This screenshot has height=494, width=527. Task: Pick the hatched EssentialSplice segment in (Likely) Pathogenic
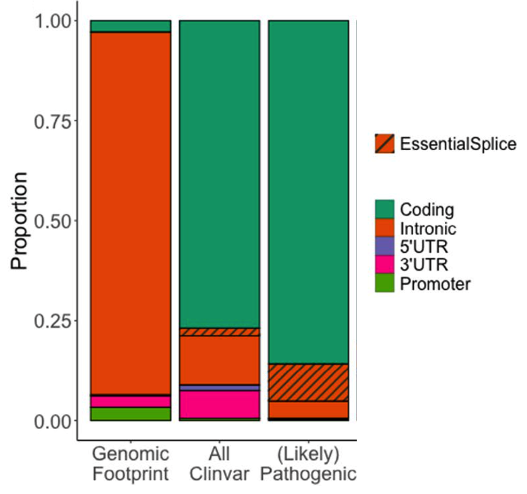(308, 382)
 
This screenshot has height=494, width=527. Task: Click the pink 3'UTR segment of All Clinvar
(219, 404)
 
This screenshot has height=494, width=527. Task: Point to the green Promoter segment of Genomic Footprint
(130, 413)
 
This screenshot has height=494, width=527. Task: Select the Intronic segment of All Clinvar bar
(219, 359)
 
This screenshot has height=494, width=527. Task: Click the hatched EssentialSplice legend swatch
(384, 143)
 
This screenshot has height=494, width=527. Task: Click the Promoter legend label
(434, 284)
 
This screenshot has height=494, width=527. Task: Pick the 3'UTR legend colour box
(384, 265)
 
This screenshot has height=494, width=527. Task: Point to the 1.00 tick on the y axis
(56, 21)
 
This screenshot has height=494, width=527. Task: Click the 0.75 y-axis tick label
(56, 121)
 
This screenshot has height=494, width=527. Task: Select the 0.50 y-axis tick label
(56, 221)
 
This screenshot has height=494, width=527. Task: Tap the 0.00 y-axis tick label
(56, 421)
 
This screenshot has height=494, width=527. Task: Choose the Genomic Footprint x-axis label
(130, 463)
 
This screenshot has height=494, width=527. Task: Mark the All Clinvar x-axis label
(219, 463)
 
